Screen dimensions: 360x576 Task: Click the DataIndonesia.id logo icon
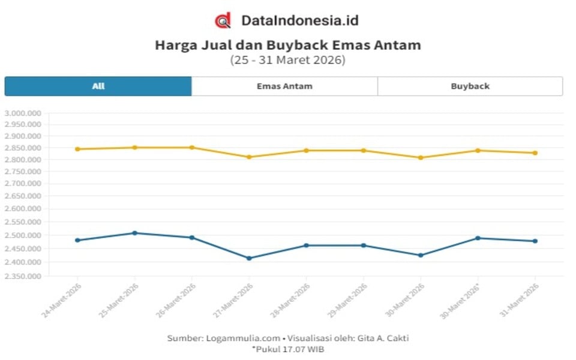[x=223, y=20]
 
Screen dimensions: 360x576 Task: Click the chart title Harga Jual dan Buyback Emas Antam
[x=288, y=45]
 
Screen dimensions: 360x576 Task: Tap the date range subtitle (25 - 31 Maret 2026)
[x=288, y=60]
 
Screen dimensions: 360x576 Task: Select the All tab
[x=98, y=86]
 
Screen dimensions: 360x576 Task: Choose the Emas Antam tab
[x=284, y=86]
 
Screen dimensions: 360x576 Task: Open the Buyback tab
[x=470, y=86]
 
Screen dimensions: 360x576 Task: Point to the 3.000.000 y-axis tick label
[x=22, y=113]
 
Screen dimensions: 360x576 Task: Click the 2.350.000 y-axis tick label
[x=22, y=277]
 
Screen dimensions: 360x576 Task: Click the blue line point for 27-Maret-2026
[x=249, y=258]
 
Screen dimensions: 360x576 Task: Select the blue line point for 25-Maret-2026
[x=134, y=233]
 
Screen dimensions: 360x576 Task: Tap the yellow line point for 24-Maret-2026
[x=77, y=149]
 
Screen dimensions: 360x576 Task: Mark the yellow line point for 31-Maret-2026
[x=535, y=153]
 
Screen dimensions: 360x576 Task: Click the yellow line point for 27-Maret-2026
[x=249, y=157]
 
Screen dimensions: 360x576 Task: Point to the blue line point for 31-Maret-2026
[x=535, y=241]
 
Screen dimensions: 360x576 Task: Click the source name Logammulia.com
[x=231, y=338]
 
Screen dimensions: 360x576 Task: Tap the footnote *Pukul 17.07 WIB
[x=288, y=349]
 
